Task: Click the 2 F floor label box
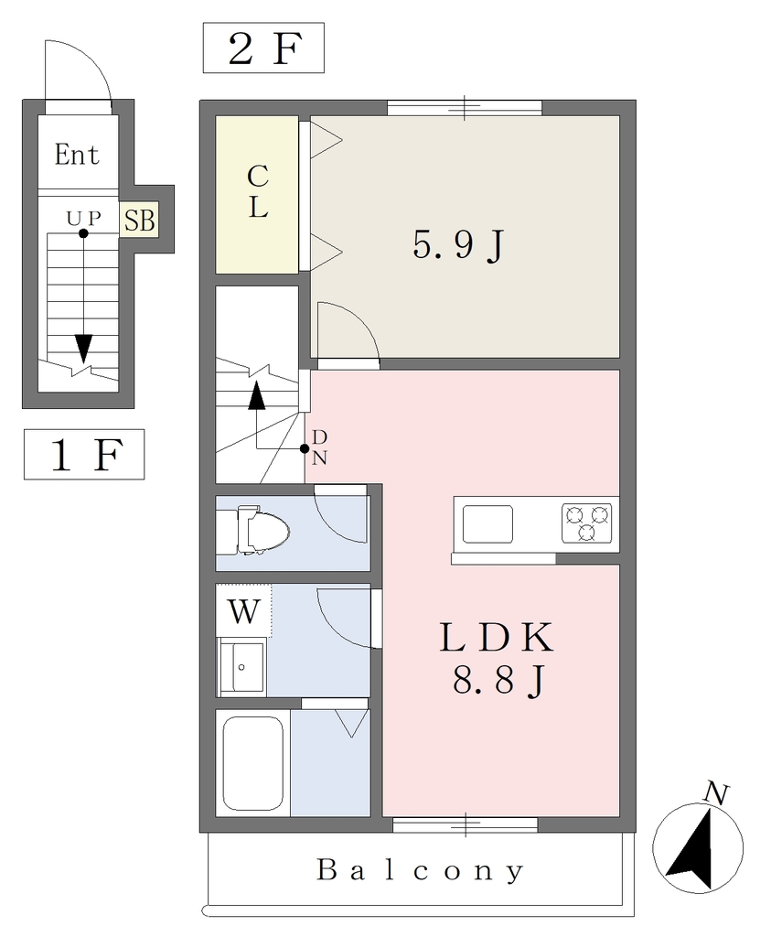pos(263,48)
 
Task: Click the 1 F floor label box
pos(84,454)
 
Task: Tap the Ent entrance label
pos(77,154)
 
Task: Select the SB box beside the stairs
pos(139,220)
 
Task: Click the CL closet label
pos(258,192)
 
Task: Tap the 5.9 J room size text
pos(458,245)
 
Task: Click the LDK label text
pos(497,638)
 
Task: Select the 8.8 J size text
pos(498,681)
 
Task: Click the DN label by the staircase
pos(319,447)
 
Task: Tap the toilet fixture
pos(253,530)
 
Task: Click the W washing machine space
pos(243,610)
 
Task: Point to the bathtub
pos(252,763)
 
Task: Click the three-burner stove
pos(586,523)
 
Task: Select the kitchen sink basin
pos(487,524)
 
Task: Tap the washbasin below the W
pos(241,667)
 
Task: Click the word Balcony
pos(421,871)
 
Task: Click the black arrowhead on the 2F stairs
pos(257,395)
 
